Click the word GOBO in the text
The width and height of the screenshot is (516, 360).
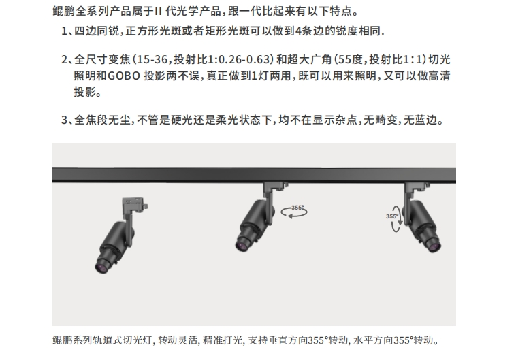pos(124,76)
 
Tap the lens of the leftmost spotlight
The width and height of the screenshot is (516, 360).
pos(101,267)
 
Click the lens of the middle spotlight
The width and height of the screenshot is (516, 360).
pos(242,245)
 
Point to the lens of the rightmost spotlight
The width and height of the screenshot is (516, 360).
pos(434,246)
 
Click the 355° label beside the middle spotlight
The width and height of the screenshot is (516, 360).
pos(297,208)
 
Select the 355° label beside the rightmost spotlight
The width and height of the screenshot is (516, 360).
pos(392,216)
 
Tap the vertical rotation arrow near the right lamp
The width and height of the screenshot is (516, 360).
pos(396,219)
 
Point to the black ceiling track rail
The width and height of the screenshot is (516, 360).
pos(254,175)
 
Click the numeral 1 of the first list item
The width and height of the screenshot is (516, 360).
pos(64,31)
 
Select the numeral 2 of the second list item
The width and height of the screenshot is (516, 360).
pos(65,60)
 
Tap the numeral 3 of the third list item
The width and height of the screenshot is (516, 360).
pos(65,120)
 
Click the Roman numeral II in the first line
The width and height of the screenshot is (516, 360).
pos(158,11)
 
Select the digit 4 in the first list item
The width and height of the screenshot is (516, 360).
pos(298,31)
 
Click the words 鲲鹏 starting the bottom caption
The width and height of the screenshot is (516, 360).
pos(62,340)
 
